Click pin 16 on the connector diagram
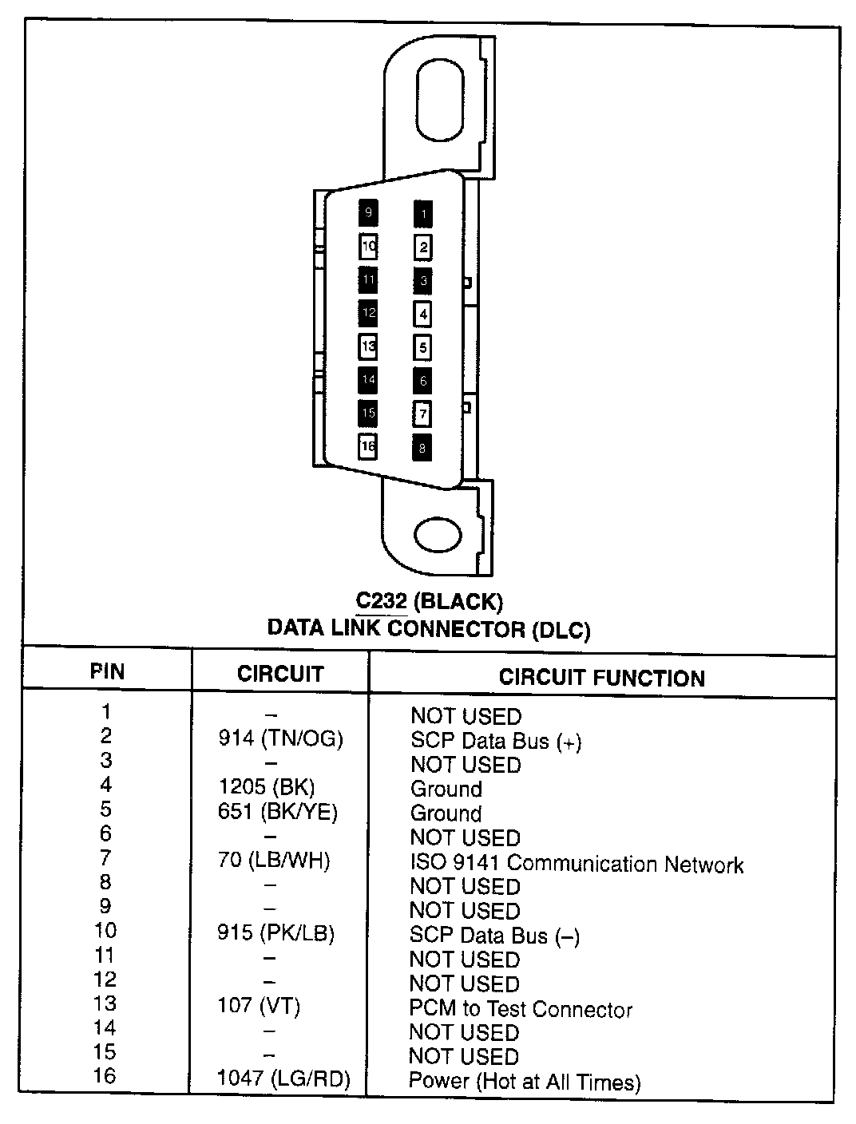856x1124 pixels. click(x=368, y=446)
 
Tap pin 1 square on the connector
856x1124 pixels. click(x=422, y=213)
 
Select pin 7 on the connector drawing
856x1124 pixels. click(x=422, y=414)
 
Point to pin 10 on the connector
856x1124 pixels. click(x=368, y=247)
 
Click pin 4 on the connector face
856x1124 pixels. click(x=422, y=314)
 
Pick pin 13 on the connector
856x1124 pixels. click(x=368, y=346)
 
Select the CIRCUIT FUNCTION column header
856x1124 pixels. click(x=601, y=678)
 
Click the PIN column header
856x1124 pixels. click(x=107, y=671)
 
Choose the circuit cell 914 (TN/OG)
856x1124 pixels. click(x=280, y=739)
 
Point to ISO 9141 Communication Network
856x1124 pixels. click(x=577, y=864)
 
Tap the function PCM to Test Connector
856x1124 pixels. click(x=521, y=1009)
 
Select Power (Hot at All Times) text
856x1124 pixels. click(x=525, y=1082)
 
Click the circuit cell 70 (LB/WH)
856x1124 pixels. click(x=274, y=861)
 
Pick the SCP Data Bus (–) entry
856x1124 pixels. click(x=494, y=936)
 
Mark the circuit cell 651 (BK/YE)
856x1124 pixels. click(x=278, y=812)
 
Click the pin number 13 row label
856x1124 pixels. click(x=105, y=1003)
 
